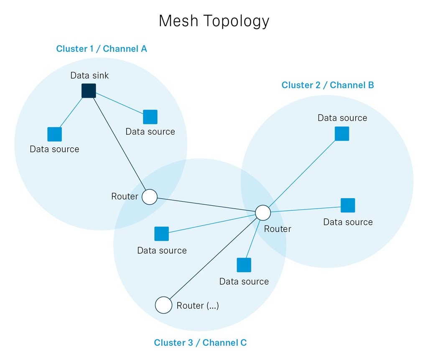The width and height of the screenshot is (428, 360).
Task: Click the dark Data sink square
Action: [x=89, y=91]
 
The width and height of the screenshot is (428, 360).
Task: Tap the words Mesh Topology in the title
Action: [x=214, y=21]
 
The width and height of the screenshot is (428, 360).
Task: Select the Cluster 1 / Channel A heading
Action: [x=102, y=49]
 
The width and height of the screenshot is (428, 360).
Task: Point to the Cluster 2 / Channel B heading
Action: [x=328, y=85]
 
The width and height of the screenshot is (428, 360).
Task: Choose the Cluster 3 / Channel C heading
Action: [x=200, y=342]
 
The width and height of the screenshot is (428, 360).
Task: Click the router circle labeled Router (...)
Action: [x=163, y=305]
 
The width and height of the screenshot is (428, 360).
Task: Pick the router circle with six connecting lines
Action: [x=263, y=213]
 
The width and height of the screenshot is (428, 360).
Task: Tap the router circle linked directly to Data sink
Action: [x=150, y=197]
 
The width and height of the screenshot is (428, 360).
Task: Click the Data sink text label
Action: [x=89, y=75]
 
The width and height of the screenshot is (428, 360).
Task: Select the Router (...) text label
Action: [x=198, y=305]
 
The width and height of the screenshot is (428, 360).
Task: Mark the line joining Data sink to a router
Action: [x=120, y=144]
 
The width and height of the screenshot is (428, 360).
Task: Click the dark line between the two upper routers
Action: [x=206, y=205]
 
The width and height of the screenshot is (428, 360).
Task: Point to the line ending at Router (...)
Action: [x=213, y=258]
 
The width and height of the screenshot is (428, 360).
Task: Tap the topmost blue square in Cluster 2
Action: [x=342, y=133]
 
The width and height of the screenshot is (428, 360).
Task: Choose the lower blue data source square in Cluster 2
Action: [x=348, y=205]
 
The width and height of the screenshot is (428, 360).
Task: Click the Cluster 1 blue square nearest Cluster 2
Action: [x=150, y=117]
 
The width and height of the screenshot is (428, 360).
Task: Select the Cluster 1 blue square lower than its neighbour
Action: [x=55, y=134]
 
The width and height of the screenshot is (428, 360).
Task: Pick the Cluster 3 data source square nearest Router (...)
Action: [x=244, y=265]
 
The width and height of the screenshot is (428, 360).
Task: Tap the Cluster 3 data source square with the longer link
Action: [x=162, y=234]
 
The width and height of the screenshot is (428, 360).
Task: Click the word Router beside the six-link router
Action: [x=278, y=229]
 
